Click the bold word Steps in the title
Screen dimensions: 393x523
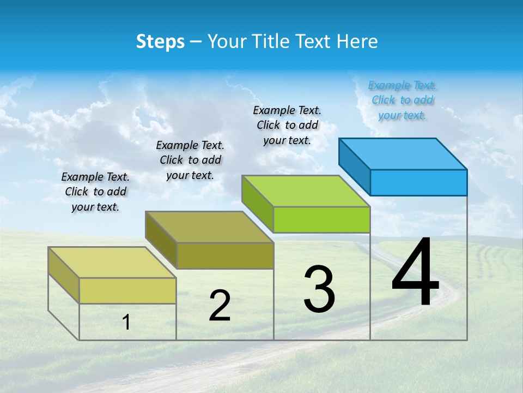point(160,41)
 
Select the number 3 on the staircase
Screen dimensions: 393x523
point(319,289)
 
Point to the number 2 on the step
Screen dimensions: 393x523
point(220,306)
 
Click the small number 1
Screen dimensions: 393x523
point(126,322)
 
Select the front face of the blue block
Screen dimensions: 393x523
point(418,182)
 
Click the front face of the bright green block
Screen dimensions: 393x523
point(321,219)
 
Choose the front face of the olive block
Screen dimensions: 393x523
point(225,255)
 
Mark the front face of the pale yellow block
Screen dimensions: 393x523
point(127,290)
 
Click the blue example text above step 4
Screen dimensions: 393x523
point(402,100)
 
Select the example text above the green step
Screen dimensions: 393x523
point(287,125)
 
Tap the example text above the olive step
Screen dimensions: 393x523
point(190,160)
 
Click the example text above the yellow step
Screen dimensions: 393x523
point(95,192)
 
